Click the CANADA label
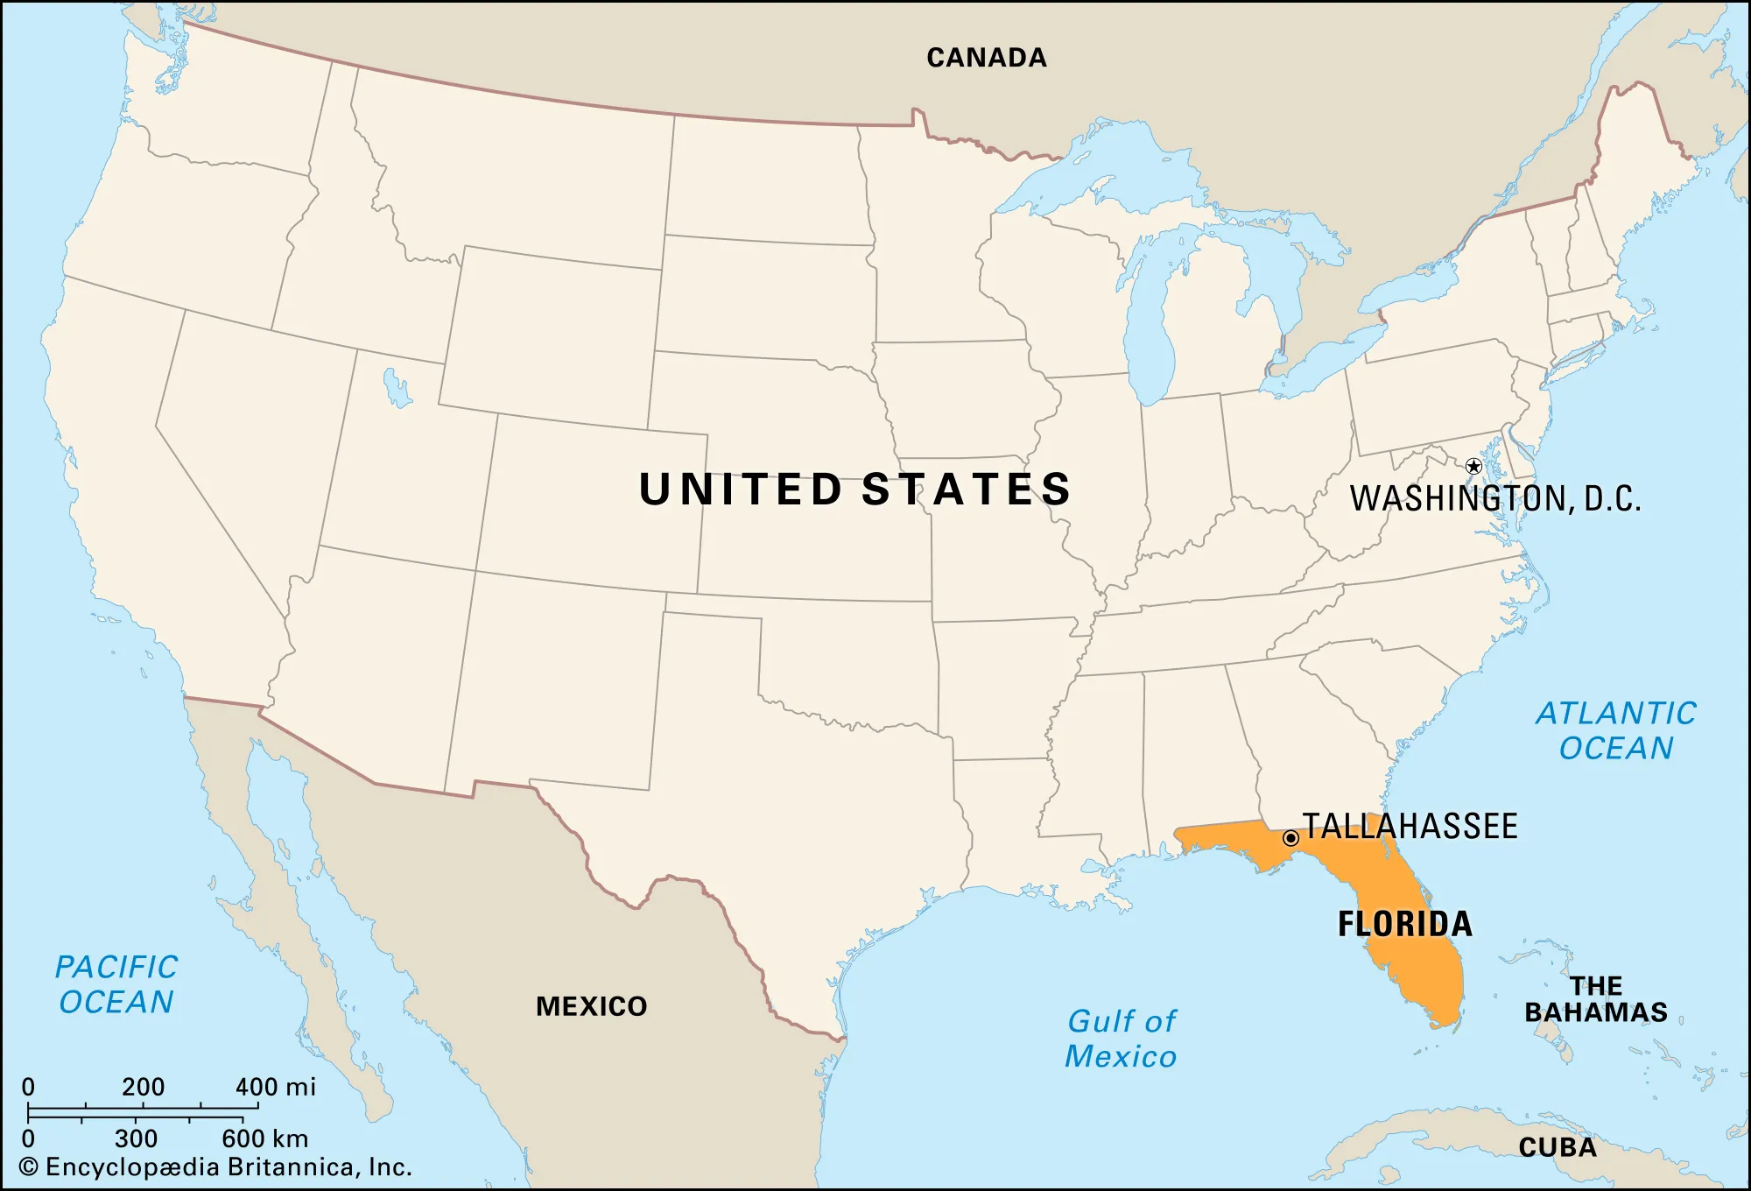987,58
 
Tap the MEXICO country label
592,1006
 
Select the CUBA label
1558,1147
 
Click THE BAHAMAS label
1596,999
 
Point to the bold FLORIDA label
1405,924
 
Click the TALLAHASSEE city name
1410,827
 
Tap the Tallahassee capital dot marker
1290,838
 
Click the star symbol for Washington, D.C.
1473,466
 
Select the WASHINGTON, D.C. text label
1495,498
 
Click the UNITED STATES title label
855,489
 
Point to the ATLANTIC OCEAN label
1616,730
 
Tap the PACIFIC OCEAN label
116,984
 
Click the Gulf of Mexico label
1122,1039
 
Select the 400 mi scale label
275,1087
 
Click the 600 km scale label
264,1138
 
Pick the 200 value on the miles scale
143,1087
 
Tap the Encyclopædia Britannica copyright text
215,1167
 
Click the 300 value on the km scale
136,1138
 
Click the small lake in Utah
397,388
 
